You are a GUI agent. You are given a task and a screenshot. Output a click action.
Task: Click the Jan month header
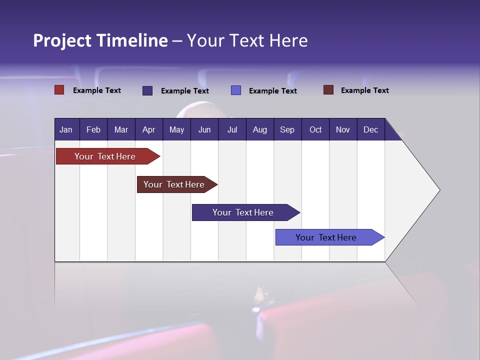[66, 129]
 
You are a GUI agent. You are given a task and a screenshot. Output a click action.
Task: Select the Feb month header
[93, 129]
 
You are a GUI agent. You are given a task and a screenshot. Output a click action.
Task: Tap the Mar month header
[121, 129]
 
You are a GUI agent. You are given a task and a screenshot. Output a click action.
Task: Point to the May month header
[176, 129]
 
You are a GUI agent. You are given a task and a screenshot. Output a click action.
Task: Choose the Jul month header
[232, 129]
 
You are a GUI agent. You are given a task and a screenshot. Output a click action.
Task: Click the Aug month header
[259, 129]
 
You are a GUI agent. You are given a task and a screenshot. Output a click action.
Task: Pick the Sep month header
[287, 129]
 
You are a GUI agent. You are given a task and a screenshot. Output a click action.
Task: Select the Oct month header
[315, 129]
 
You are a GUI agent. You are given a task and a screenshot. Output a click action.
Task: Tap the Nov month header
[343, 129]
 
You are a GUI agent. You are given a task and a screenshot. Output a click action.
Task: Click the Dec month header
[370, 129]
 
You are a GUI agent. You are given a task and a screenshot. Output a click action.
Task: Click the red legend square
[59, 90]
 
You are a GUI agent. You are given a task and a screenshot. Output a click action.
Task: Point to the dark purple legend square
[147, 90]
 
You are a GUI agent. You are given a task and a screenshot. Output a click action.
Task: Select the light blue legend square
[236, 90]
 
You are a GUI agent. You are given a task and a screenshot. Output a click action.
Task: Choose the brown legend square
[328, 90]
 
